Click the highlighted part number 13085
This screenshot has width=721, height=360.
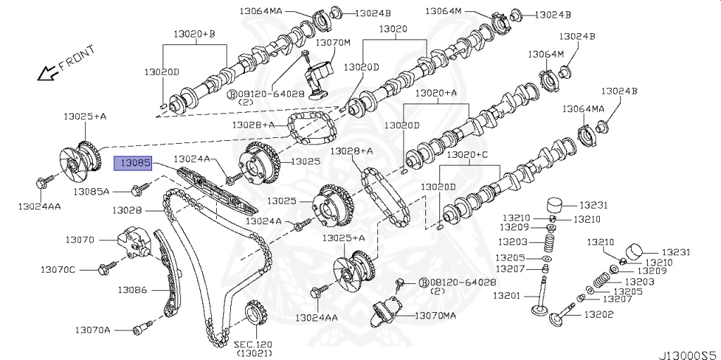133,163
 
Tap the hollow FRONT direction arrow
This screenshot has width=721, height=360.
49,71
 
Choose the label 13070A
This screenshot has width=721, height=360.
93,329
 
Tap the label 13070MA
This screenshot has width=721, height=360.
436,316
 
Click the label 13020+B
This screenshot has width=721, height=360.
195,34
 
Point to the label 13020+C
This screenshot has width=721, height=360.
471,154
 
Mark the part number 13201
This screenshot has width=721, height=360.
507,295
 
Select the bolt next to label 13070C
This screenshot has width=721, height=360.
108,268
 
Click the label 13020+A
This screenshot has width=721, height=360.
436,93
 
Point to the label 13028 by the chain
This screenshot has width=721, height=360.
127,210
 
